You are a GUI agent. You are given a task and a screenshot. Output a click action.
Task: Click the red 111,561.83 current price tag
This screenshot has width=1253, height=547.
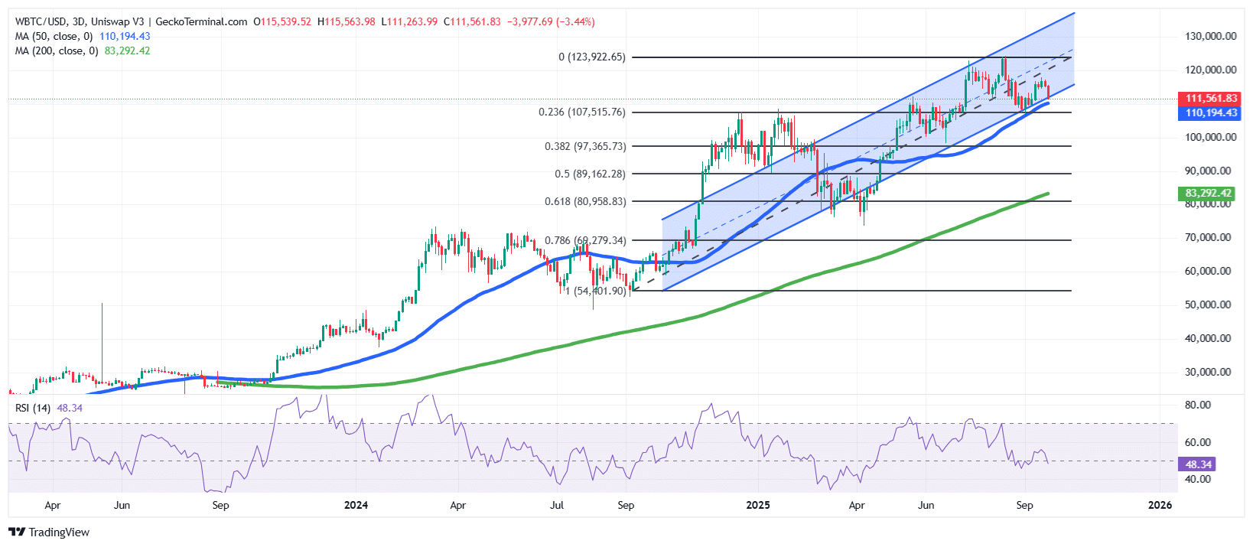point(1211,99)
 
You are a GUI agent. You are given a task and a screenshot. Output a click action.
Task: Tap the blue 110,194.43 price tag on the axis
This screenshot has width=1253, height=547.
point(1211,112)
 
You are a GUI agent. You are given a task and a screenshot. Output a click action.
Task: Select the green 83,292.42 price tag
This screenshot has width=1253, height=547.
point(1208,194)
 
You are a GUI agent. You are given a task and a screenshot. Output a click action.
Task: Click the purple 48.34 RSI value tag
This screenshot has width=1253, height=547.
point(1198,464)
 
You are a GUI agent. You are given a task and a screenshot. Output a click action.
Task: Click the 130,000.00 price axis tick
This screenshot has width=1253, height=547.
point(1210,36)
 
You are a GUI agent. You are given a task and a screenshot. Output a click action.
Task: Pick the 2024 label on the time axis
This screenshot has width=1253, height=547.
point(356,505)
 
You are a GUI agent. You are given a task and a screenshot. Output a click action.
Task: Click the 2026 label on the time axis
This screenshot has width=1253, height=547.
point(1160,505)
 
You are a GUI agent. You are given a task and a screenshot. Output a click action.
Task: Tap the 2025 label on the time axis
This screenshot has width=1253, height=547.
point(758,505)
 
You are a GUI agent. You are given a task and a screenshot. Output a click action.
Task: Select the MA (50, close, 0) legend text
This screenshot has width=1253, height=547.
point(54,36)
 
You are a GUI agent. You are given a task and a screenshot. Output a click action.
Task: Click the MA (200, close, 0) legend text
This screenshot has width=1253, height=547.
point(57,50)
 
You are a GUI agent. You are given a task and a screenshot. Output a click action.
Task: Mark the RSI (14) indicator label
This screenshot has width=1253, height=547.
point(33,408)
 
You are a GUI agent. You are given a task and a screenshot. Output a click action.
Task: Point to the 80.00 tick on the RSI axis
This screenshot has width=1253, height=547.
point(1198,405)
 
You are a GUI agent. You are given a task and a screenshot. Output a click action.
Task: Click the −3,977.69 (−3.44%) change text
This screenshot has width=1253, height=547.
point(551,21)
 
